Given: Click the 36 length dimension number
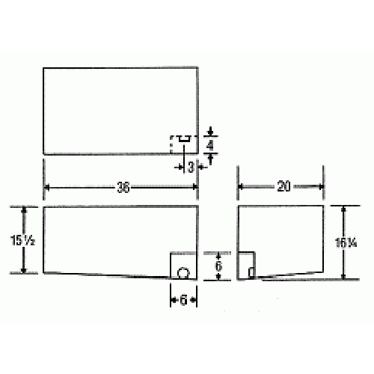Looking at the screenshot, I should click(x=123, y=188).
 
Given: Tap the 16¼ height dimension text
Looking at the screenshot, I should click(x=352, y=242).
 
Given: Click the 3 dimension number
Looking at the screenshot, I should click(x=191, y=167).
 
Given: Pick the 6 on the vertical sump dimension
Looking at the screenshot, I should click(x=219, y=265).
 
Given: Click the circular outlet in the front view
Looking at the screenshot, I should click(x=183, y=273).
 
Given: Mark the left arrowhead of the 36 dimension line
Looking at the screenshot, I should click(x=47, y=188).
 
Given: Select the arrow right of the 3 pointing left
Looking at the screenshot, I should click(x=200, y=167).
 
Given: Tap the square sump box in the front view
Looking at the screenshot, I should click(x=184, y=266).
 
